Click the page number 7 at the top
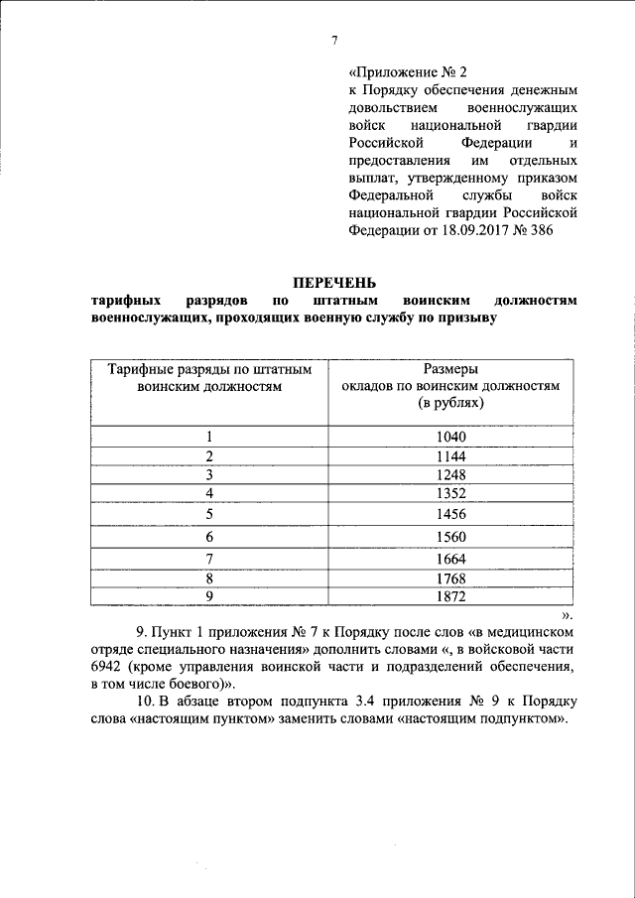click(x=334, y=40)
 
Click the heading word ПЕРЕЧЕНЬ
click(x=333, y=283)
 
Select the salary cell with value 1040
click(x=449, y=437)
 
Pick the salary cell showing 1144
click(x=449, y=455)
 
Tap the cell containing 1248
click(x=449, y=474)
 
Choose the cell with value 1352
click(x=449, y=493)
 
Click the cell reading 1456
click(x=449, y=514)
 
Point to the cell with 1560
click(x=449, y=537)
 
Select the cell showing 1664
click(x=449, y=559)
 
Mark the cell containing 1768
click(x=449, y=577)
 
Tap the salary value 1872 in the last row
click(x=449, y=595)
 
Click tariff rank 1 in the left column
click(x=209, y=437)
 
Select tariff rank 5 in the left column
click(x=209, y=514)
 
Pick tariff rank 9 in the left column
click(x=209, y=595)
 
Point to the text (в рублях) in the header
click(x=449, y=405)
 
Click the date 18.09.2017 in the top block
click(x=461, y=229)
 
